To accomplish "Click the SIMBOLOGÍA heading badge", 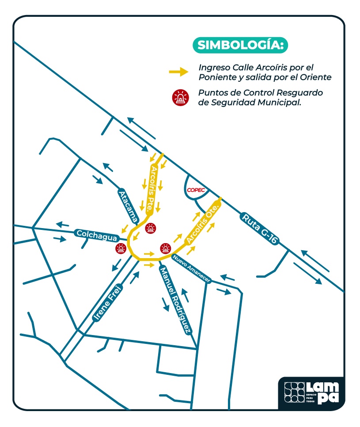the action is click(240, 45).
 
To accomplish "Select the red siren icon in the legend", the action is click(181, 98).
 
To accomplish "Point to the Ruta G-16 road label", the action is click(260, 229).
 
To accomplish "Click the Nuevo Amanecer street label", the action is click(192, 269).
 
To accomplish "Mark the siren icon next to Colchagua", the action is click(121, 249).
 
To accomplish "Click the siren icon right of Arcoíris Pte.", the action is click(151, 229).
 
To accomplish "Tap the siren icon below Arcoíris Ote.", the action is click(166, 248).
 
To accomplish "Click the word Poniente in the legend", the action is click(214, 77).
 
